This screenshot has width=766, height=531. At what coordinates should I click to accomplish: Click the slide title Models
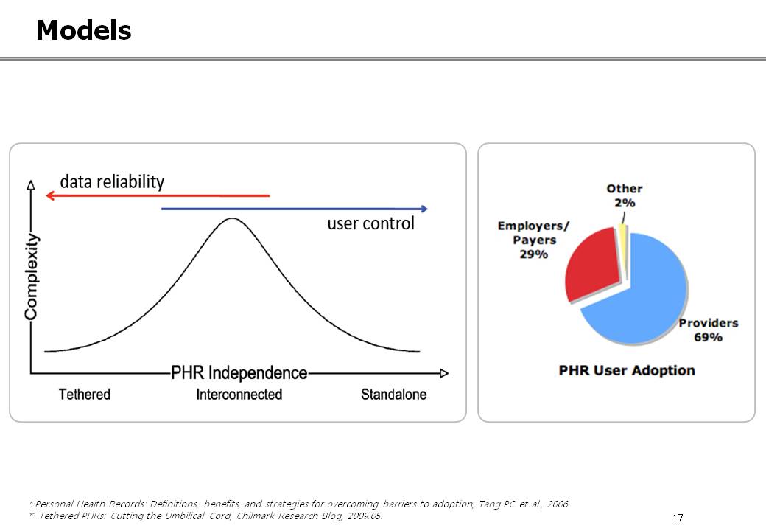click(x=83, y=30)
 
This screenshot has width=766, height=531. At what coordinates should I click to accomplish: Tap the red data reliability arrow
click(x=158, y=195)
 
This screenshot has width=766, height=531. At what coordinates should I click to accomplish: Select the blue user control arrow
click(x=295, y=209)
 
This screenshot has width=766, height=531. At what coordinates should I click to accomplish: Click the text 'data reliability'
click(x=112, y=182)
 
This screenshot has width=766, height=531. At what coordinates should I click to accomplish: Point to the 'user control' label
click(x=370, y=223)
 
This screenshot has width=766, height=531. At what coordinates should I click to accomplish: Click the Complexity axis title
click(x=31, y=277)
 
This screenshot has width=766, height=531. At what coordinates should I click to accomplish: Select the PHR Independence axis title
click(x=239, y=373)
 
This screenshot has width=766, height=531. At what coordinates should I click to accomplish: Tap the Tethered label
click(x=85, y=394)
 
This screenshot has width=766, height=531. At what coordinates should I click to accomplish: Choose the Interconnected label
click(x=239, y=394)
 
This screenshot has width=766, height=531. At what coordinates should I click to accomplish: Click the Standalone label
click(x=394, y=394)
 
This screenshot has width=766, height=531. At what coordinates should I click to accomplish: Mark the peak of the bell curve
click(x=233, y=218)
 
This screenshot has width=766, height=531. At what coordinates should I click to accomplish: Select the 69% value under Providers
click(x=708, y=337)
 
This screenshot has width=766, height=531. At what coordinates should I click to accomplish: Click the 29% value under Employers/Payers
click(x=533, y=254)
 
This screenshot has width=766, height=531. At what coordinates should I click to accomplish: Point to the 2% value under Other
click(x=625, y=203)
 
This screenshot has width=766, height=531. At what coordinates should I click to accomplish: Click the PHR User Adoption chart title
click(x=627, y=371)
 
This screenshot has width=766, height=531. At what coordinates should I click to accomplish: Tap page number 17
click(x=678, y=518)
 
